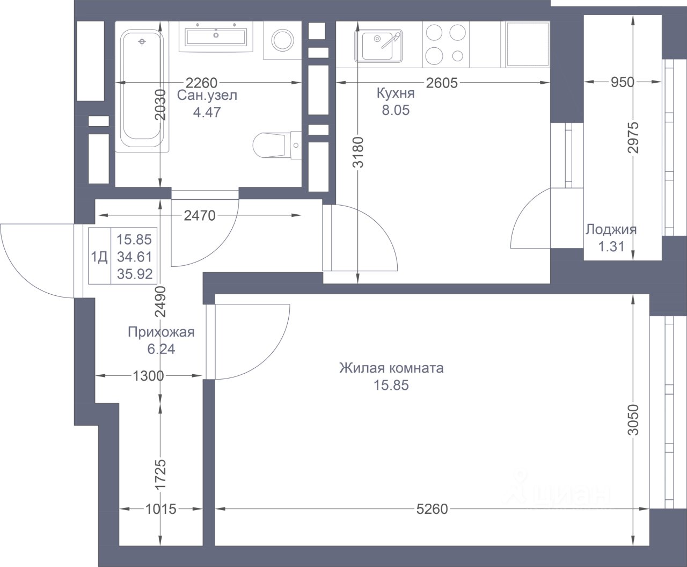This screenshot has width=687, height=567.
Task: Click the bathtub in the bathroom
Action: click(x=142, y=87)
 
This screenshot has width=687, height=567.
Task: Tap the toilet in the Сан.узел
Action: click(x=277, y=145)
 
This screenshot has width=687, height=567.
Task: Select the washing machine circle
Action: click(x=283, y=40)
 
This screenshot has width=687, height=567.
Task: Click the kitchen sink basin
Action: click(x=378, y=46)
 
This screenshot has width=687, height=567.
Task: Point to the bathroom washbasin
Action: click(x=216, y=37)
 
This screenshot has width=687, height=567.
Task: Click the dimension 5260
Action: click(x=432, y=509)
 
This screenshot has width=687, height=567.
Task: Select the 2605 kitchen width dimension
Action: click(x=442, y=83)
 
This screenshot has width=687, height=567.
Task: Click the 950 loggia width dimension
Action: click(x=623, y=82)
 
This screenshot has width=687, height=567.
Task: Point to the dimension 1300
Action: click(x=148, y=376)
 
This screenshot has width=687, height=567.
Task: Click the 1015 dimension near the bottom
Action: click(x=161, y=509)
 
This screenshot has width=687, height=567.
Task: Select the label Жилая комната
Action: click(x=391, y=368)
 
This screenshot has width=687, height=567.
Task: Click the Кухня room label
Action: click(x=396, y=93)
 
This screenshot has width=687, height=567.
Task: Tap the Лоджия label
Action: click(x=611, y=229)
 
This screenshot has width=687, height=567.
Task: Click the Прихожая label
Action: click(x=161, y=332)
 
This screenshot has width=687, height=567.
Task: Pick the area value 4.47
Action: click(x=207, y=112)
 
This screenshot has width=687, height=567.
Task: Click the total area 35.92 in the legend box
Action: click(x=135, y=274)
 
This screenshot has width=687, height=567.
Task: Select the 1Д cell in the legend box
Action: click(x=99, y=257)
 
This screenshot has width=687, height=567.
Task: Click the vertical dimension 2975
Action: click(x=633, y=137)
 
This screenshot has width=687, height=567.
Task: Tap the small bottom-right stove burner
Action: click(x=457, y=56)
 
